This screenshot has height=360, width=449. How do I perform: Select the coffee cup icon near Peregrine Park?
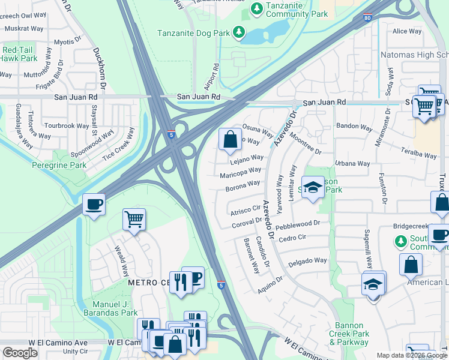(94, 204)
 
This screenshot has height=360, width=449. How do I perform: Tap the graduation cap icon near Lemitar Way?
(312, 188)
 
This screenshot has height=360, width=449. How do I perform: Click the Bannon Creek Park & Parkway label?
(348, 334)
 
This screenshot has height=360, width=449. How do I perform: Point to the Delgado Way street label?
(308, 261)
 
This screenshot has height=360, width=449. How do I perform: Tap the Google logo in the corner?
(20, 352)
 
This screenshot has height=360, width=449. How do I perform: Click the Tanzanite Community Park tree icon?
(257, 9)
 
